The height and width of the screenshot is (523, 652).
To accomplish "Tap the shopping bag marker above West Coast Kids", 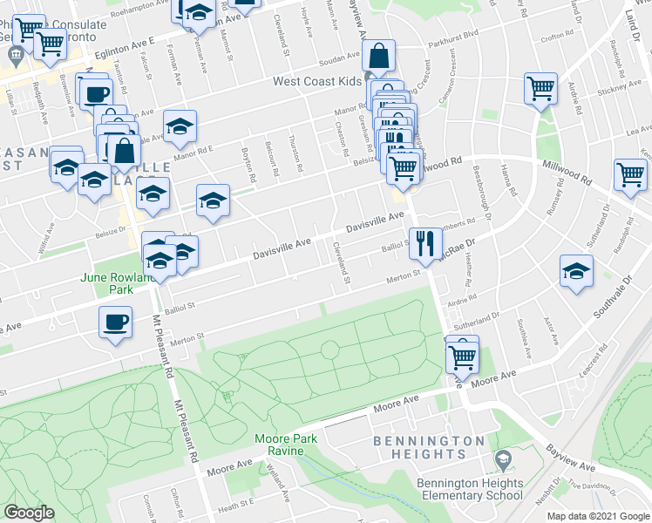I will (380, 57).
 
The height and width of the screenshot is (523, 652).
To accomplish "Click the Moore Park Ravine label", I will (279, 445).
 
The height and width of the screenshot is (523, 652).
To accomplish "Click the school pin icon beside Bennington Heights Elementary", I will (502, 458).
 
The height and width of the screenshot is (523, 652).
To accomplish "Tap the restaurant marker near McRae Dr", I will (424, 242).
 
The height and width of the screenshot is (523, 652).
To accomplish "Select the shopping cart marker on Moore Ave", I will (462, 355).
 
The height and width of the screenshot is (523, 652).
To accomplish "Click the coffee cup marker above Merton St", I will (115, 323).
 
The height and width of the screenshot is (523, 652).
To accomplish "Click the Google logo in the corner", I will (29, 513).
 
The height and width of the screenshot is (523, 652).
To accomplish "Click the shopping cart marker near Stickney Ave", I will (540, 87).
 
